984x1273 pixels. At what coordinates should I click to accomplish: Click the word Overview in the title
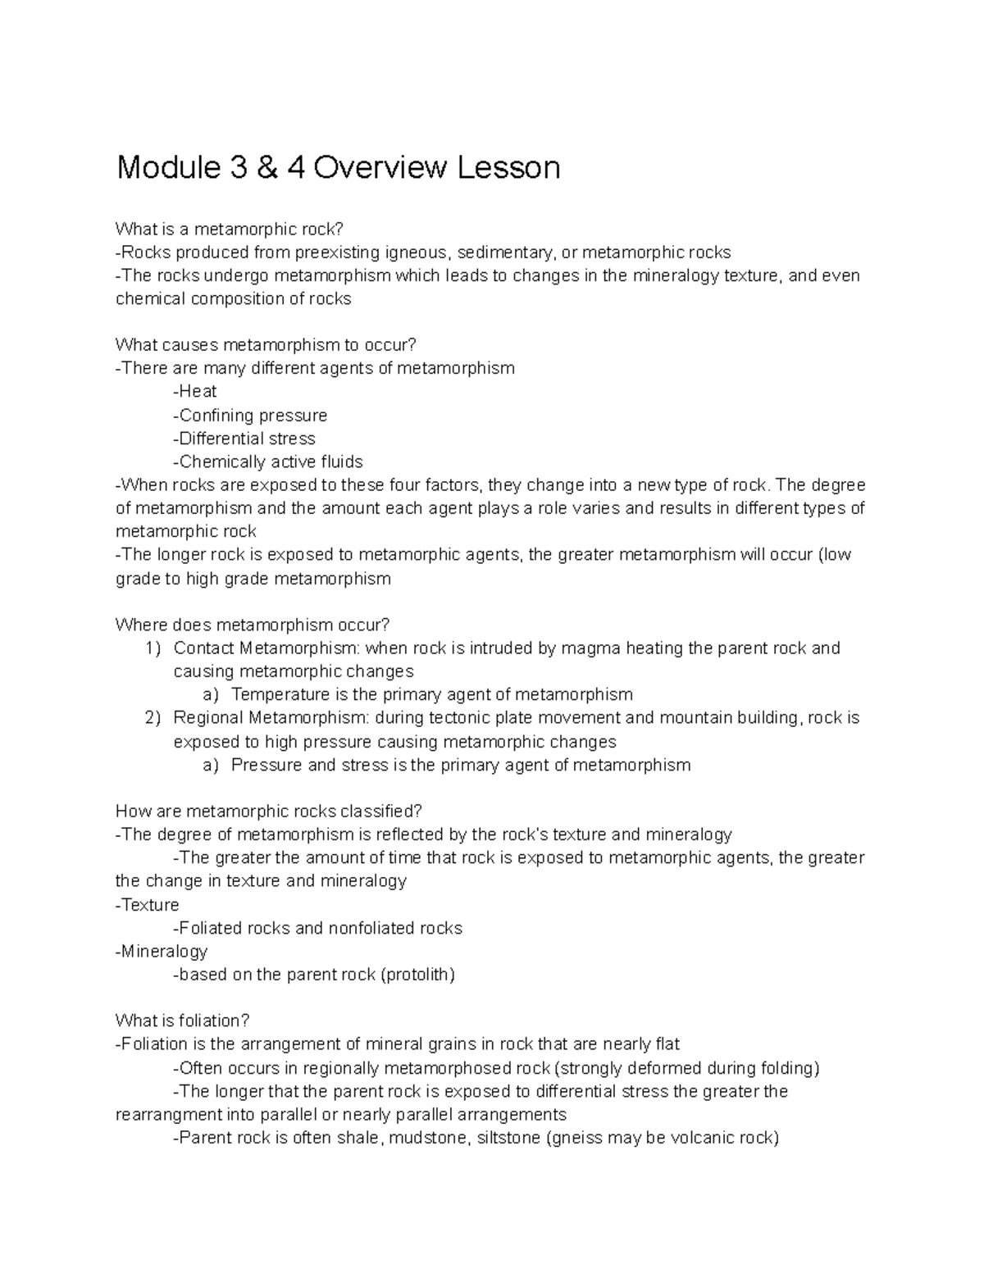coord(380,168)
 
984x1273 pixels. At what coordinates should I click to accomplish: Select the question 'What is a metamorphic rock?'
coord(225,229)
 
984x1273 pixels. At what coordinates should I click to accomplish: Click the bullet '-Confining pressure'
coord(250,416)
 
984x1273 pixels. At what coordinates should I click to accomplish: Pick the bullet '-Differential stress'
coord(244,439)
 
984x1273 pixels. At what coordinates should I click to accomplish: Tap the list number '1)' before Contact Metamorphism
coord(153,648)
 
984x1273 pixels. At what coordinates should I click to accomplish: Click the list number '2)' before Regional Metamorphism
coord(153,718)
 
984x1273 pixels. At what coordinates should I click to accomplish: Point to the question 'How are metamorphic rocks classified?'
coord(268,812)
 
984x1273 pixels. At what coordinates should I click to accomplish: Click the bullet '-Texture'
coord(148,905)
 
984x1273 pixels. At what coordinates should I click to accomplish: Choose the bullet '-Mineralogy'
coord(162,952)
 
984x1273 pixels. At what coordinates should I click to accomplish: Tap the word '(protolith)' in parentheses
coord(417,975)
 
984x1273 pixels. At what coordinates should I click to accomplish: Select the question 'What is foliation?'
coord(182,1021)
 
